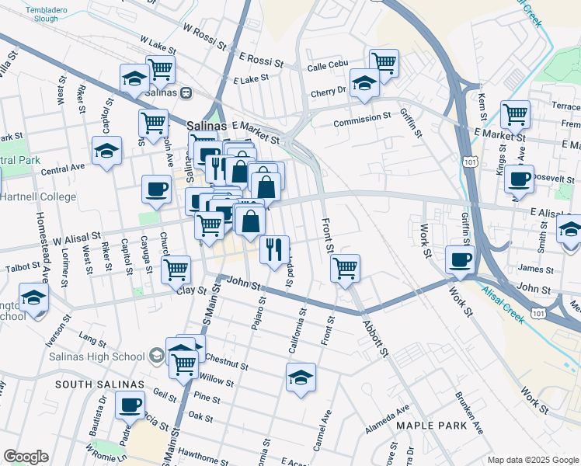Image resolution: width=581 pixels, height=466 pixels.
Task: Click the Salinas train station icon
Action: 186,92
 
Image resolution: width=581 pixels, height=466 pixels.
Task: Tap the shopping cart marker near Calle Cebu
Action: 384,61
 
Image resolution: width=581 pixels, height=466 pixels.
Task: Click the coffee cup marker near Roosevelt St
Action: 519,178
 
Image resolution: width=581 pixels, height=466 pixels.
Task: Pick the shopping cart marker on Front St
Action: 345,268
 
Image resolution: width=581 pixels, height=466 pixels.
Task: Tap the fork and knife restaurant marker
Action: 273,249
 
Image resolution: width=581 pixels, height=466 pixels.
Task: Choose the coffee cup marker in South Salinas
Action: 130,404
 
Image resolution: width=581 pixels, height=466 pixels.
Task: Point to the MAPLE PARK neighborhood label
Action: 431,426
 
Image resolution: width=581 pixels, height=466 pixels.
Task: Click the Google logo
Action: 26,457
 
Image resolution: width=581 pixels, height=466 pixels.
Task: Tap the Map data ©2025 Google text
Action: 532,460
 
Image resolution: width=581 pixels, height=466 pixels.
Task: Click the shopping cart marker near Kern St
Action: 515,113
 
